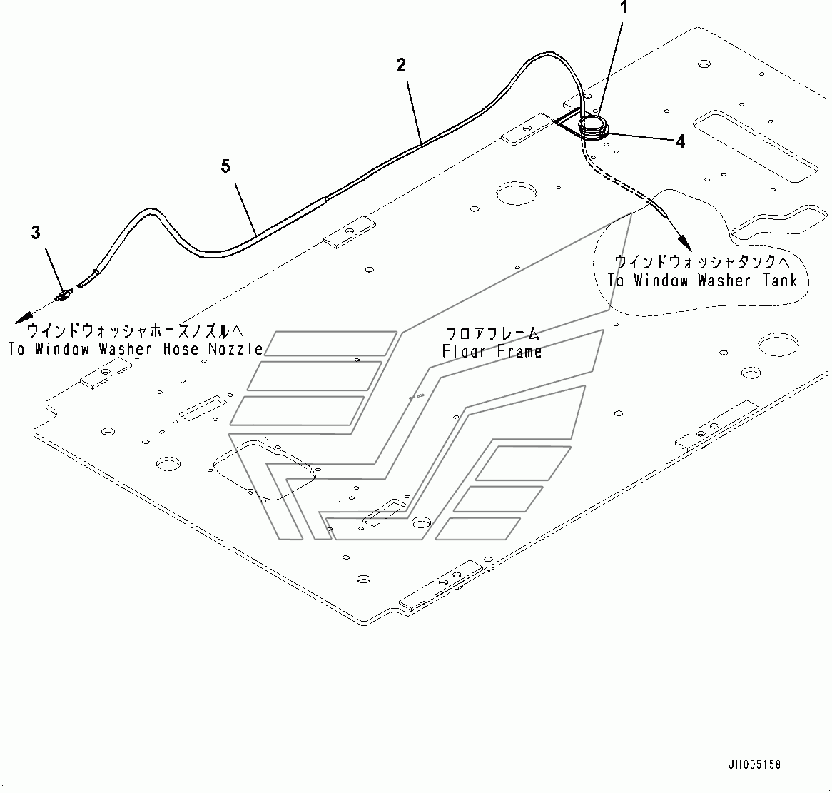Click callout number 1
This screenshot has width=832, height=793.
point(624,9)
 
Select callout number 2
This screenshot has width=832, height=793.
point(401,65)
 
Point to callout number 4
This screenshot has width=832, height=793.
point(680,142)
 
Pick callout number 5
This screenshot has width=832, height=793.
point(225,166)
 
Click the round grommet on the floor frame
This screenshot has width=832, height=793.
point(593,126)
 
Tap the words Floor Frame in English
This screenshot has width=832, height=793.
point(492,351)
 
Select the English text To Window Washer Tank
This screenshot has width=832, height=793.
point(702,280)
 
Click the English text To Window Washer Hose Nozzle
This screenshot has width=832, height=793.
point(135,348)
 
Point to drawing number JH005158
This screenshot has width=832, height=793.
point(754,764)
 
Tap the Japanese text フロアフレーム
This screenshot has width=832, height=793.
point(492,334)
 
